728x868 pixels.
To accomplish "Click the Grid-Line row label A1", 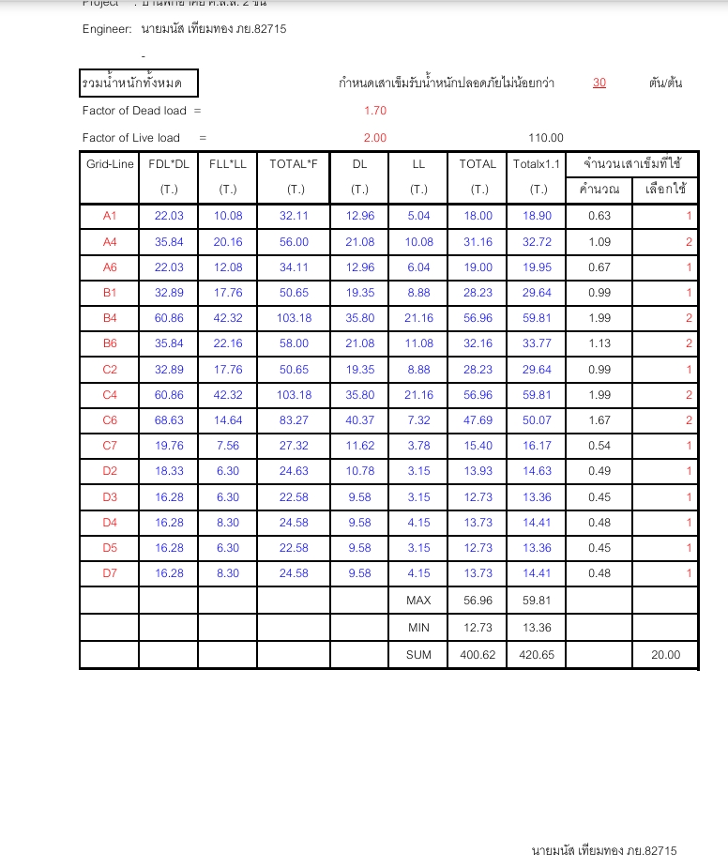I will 110,216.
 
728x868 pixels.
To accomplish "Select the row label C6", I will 110,420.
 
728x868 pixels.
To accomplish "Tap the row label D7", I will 110,573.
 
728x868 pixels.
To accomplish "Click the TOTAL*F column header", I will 294,164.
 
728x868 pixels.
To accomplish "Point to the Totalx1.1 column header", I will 537,164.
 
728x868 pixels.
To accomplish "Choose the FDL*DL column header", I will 169,164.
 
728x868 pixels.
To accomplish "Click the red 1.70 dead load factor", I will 375,111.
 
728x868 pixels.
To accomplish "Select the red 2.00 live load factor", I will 375,138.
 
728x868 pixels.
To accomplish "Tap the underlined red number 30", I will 599,84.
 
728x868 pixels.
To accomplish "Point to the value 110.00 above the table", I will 546,138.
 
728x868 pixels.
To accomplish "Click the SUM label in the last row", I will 418,655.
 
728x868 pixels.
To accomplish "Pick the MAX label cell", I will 418,600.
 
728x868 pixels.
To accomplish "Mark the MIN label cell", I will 418,627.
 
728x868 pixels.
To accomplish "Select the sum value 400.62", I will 478,655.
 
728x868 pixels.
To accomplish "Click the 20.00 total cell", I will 666,655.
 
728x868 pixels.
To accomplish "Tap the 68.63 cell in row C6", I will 169,420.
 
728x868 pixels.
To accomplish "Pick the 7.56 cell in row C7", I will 228,446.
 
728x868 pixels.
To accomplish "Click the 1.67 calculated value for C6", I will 599,420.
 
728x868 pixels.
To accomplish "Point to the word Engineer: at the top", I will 107,29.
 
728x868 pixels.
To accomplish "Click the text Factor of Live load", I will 131,138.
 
